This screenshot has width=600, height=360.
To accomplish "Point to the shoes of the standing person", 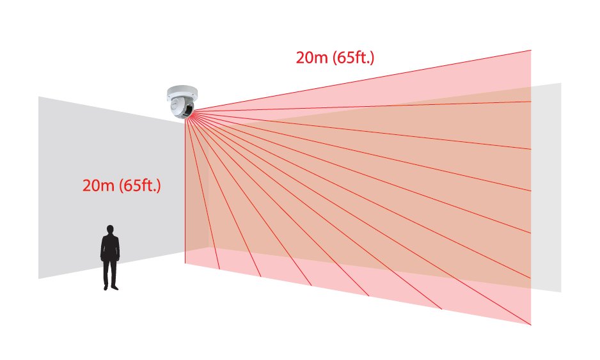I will click(x=111, y=287).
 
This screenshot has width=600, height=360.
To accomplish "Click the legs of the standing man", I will click(x=111, y=272).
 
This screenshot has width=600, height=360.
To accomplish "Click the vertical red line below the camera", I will click(x=186, y=192).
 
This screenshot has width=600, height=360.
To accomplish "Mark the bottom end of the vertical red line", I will click(x=186, y=263).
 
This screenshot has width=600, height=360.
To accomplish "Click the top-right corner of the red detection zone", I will click(x=530, y=51).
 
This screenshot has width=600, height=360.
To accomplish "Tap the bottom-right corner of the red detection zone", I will click(x=530, y=324).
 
